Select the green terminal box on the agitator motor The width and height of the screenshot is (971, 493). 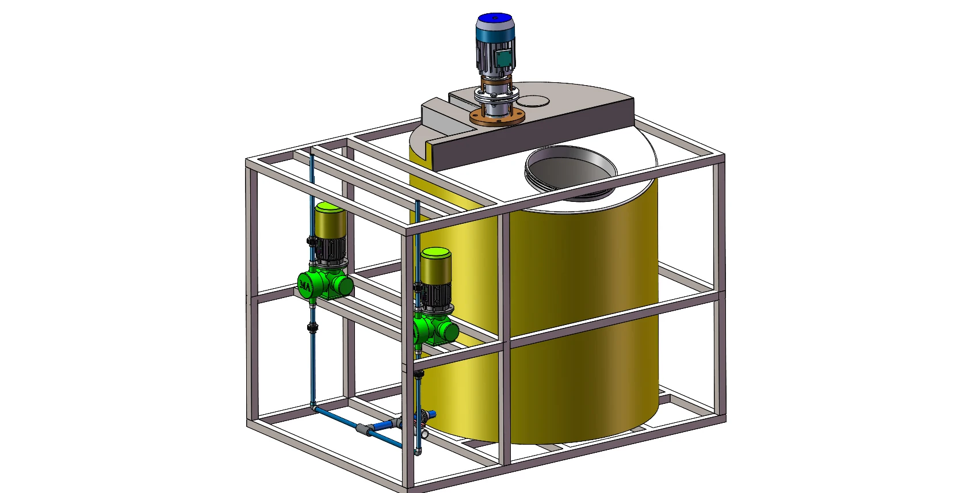click(503, 58)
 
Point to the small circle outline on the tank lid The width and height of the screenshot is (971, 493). click(534, 102)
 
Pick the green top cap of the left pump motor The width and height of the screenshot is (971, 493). click(330, 207)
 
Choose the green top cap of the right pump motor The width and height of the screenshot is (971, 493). click(435, 253)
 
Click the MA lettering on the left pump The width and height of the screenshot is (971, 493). click(305, 285)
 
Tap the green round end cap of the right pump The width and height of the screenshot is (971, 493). click(450, 333)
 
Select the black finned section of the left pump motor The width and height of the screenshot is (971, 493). click(329, 249)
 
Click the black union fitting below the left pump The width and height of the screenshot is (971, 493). click(312, 328)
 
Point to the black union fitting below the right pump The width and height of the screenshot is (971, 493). click(418, 374)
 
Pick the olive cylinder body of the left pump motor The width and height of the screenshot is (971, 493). click(330, 223)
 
